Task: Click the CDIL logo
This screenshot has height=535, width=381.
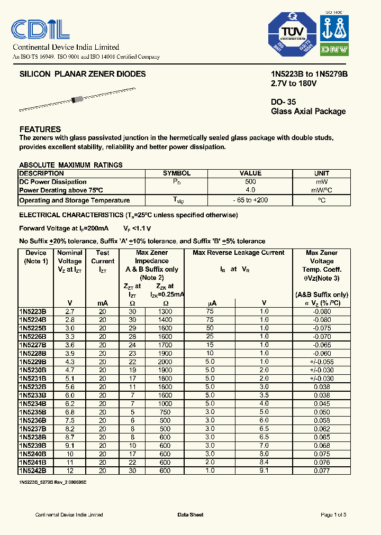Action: (40, 30)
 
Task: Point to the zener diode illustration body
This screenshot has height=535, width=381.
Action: (78, 99)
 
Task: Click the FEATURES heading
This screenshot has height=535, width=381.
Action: (40, 129)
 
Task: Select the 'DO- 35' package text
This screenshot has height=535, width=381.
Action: (283, 102)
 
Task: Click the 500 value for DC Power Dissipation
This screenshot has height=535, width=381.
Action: (250, 182)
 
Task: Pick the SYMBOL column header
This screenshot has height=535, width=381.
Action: (177, 173)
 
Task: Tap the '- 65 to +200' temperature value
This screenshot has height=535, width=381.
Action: (250, 200)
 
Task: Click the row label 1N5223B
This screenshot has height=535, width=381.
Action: (33, 312)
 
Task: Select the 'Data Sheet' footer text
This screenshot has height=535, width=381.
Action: (190, 515)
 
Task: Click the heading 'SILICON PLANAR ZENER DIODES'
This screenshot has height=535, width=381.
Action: (83, 75)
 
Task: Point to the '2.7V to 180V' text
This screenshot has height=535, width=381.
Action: (294, 84)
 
